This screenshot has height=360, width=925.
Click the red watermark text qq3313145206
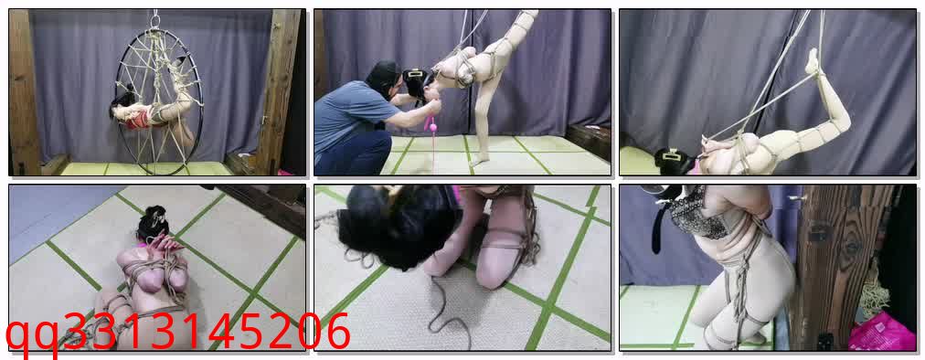pos(177,334)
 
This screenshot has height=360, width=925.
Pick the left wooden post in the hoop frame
pos(24,92)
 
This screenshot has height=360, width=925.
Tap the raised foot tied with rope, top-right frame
pos(813,60)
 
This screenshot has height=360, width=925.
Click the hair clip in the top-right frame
pos(672,155)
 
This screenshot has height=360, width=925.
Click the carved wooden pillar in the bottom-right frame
pos(837,266)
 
